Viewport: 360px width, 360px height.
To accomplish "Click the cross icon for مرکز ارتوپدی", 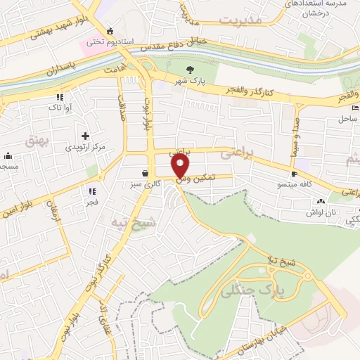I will [85, 136].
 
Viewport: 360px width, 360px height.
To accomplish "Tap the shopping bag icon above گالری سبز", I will [145, 173].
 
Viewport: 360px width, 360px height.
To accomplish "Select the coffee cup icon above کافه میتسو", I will [294, 174].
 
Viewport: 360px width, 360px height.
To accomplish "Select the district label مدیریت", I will [240, 21].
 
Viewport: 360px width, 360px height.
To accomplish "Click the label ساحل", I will [349, 120].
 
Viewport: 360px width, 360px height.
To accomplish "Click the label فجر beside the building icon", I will [92, 201].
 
